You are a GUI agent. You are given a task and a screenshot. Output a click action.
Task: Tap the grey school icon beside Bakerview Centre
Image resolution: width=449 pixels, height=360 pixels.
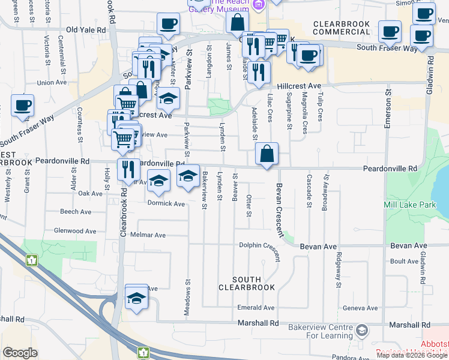[x=361, y=330]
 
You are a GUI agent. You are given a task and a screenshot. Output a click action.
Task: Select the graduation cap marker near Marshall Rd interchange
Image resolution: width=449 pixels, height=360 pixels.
[x=136, y=298]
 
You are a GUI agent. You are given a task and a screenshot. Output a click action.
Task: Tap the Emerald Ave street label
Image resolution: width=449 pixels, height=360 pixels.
[x=256, y=308]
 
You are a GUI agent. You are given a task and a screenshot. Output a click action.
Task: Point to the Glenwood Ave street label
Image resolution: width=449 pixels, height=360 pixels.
[x=75, y=230]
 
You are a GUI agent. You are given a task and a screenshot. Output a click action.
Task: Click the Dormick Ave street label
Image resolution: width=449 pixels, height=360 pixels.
[x=166, y=203]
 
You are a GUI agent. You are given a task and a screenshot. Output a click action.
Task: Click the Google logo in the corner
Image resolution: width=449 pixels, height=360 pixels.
[x=20, y=353]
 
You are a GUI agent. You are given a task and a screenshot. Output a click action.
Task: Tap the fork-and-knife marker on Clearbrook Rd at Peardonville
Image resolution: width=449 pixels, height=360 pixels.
[x=127, y=170]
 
